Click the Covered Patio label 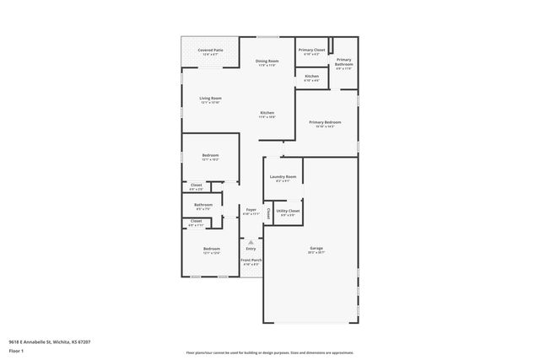click(x=211, y=51)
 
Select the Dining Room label click(x=267, y=62)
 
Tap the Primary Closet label click(x=311, y=51)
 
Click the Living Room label click(x=210, y=99)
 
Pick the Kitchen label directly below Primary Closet click(x=311, y=77)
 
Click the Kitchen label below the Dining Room click(x=267, y=113)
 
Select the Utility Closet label click(x=288, y=211)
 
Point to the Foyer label click(x=251, y=210)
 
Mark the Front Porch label click(x=251, y=261)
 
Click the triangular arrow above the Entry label click(x=251, y=242)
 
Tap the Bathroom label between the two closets click(x=202, y=204)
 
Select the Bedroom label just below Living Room click(x=210, y=155)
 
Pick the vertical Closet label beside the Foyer click(x=268, y=212)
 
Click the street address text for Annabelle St click(x=49, y=341)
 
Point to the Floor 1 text click(x=16, y=351)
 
